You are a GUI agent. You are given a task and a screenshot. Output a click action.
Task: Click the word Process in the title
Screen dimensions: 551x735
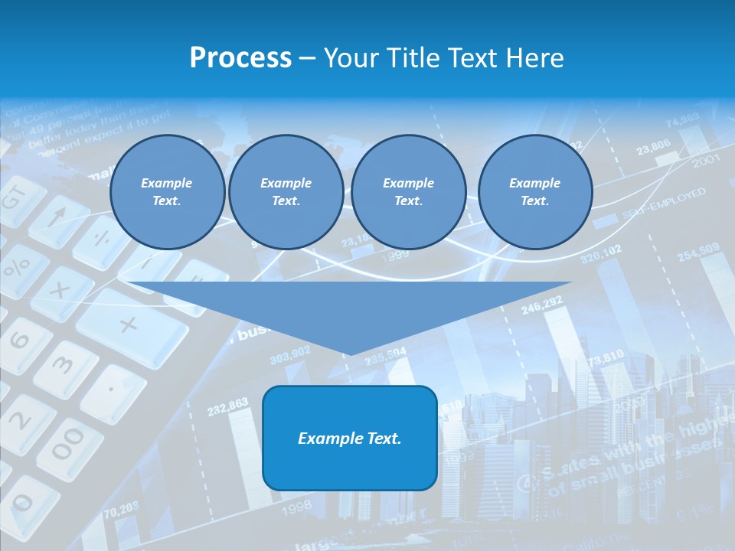240,58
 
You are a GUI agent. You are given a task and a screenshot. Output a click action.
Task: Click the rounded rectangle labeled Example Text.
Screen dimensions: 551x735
350,438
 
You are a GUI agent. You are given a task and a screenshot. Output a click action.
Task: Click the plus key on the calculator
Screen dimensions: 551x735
129,324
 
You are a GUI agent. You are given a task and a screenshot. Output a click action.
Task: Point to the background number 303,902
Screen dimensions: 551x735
290,352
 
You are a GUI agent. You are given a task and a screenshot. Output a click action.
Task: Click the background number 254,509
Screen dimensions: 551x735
697,251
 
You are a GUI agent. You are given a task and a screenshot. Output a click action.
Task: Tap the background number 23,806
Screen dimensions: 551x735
653,145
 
